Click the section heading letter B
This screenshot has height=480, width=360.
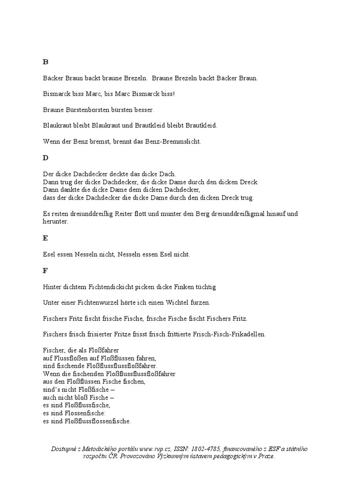coord(45,62)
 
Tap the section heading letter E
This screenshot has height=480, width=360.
coord(45,238)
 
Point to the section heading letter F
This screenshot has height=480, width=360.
coord(45,270)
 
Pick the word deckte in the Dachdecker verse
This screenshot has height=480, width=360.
coord(109,174)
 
